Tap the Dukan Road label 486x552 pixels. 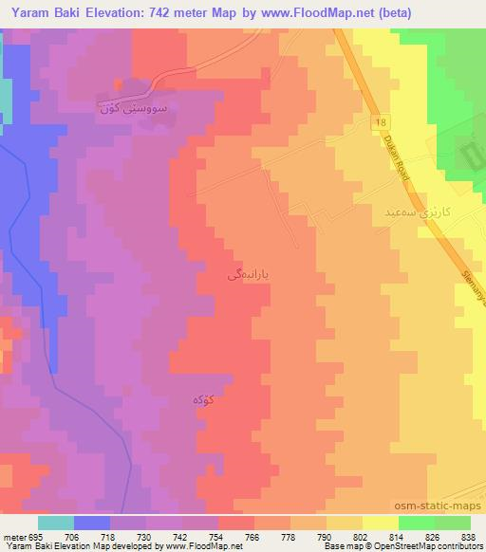click(x=392, y=157)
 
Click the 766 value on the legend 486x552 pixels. click(x=253, y=537)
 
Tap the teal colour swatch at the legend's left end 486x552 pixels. click(x=55, y=523)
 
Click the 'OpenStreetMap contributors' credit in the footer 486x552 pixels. click(x=420, y=547)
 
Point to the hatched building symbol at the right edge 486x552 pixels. click(x=472, y=152)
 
